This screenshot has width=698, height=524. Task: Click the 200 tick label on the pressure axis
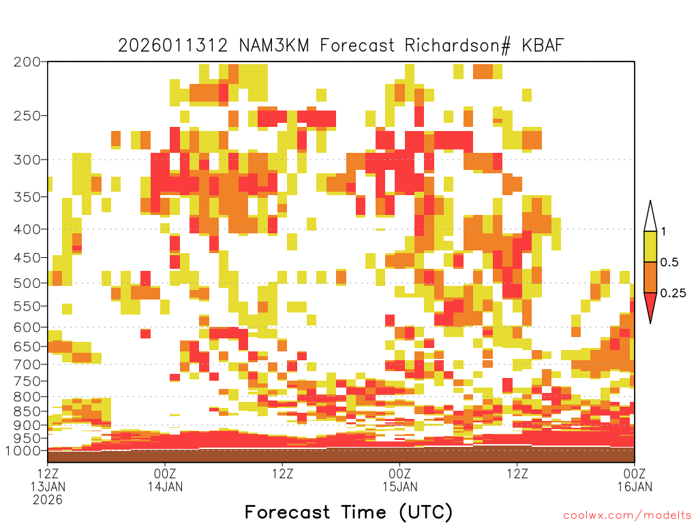tap(27, 62)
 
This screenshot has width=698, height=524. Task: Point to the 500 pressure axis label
tap(27, 283)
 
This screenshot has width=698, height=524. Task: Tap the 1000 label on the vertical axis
tap(23, 451)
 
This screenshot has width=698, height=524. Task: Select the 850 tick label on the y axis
tap(27, 411)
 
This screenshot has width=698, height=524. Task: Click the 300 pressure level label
tap(27, 160)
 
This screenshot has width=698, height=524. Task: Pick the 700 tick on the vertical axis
tap(27, 364)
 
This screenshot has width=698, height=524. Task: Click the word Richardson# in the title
tap(457, 46)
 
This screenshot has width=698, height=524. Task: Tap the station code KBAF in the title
tap(543, 45)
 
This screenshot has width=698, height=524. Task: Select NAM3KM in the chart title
tap(274, 45)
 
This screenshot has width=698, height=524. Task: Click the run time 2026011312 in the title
tap(172, 45)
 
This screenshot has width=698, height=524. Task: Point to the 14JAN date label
tap(165, 486)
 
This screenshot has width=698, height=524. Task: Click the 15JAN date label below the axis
tap(399, 486)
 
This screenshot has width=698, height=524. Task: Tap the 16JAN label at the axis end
tap(635, 486)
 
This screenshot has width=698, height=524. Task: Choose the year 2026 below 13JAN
tap(48, 500)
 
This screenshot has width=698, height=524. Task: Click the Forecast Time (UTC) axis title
tap(348, 512)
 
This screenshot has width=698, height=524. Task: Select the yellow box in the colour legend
tap(650, 246)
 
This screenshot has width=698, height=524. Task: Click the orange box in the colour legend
tap(650, 277)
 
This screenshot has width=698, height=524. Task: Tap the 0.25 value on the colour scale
tap(673, 293)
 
